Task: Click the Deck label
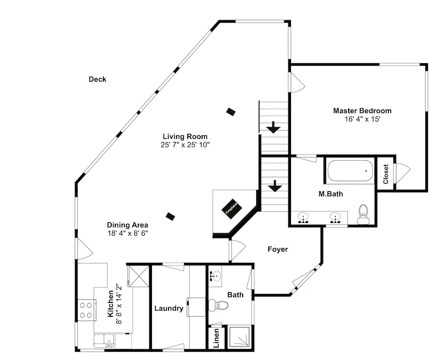tap(97, 79)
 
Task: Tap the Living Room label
tap(185, 136)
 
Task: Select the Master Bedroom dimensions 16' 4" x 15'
tap(363, 119)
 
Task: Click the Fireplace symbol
tap(232, 209)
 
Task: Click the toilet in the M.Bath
tap(363, 214)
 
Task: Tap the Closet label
tap(386, 174)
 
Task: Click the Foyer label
tap(278, 249)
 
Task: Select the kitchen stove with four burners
tap(86, 310)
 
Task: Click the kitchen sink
tap(104, 341)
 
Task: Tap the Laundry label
tap(169, 308)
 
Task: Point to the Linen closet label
tap(216, 338)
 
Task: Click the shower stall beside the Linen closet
tap(239, 337)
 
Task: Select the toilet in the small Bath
tap(219, 306)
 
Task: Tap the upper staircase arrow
tap(274, 127)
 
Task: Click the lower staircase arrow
tap(275, 186)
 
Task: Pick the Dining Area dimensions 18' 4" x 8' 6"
tap(127, 233)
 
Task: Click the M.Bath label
tap(331, 194)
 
